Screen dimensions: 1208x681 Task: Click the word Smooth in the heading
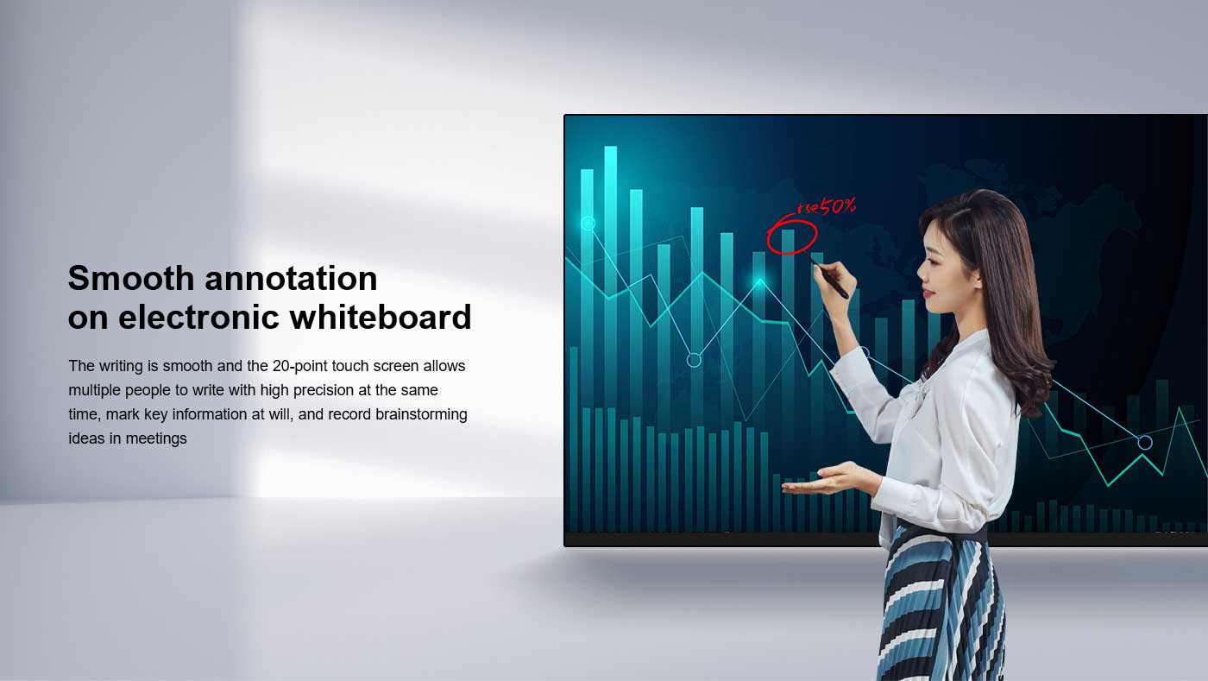tap(131, 278)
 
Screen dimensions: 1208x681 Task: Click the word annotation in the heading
tap(291, 279)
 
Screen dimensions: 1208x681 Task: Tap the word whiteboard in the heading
tap(381, 317)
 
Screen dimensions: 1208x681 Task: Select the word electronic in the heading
tap(198, 318)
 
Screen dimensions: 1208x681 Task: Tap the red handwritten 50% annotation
tap(837, 205)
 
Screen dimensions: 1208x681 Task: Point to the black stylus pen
tap(829, 277)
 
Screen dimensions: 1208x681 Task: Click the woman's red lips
tap(928, 294)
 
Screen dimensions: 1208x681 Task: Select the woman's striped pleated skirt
tap(941, 604)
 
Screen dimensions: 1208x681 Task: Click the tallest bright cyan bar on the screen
tap(611, 276)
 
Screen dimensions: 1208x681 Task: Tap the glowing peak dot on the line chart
tap(760, 281)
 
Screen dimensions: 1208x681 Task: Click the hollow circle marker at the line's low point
tap(694, 360)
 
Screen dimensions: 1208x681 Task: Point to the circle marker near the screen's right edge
tap(1145, 443)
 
